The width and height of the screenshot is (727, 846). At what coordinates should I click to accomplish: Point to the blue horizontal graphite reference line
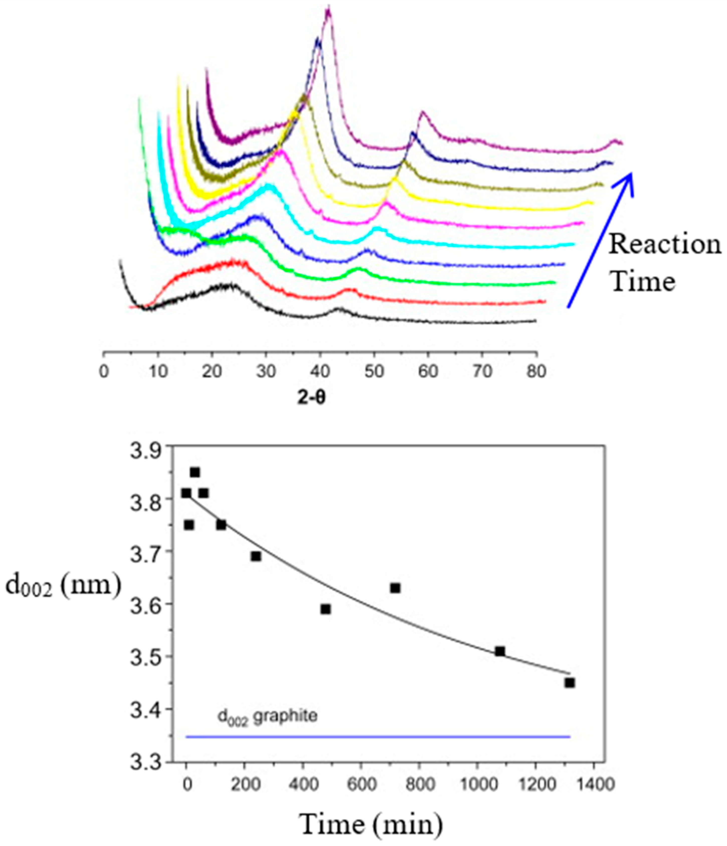coord(378,737)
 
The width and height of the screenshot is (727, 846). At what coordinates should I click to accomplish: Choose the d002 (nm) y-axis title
coord(63,586)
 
